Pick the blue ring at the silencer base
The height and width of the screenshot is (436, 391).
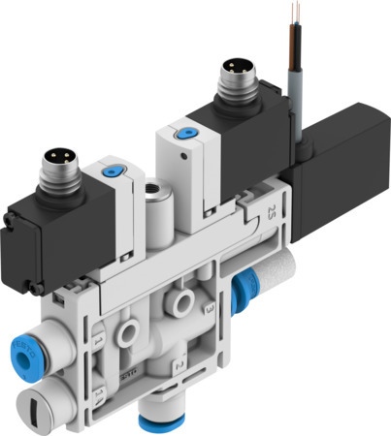click(x=246, y=288)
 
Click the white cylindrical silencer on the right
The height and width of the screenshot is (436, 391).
click(x=277, y=281)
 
